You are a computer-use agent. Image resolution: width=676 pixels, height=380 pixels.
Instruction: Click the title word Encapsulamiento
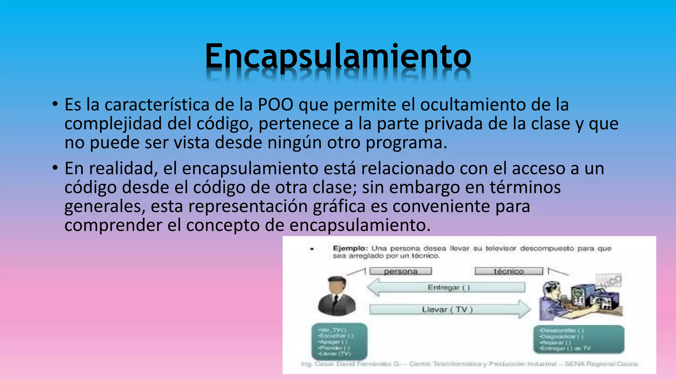tap(338, 56)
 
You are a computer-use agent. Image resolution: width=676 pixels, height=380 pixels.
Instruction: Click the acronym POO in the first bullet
tap(275, 105)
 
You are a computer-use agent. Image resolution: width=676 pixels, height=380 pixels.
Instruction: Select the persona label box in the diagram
tap(400, 271)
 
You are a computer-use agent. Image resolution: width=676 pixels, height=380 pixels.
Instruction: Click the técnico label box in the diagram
tap(509, 271)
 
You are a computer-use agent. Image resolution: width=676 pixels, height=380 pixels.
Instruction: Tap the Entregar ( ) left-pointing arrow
tap(446, 287)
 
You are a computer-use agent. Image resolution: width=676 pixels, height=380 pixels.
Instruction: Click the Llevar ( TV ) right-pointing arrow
tap(449, 309)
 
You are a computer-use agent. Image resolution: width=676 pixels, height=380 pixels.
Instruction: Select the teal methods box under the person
tap(339, 341)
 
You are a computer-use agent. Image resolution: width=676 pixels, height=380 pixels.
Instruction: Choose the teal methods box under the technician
tap(579, 339)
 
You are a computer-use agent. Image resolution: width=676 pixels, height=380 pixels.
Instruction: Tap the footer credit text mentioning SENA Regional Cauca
tap(469, 364)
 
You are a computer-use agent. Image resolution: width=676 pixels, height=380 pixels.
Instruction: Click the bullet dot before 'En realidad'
tap(55, 168)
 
